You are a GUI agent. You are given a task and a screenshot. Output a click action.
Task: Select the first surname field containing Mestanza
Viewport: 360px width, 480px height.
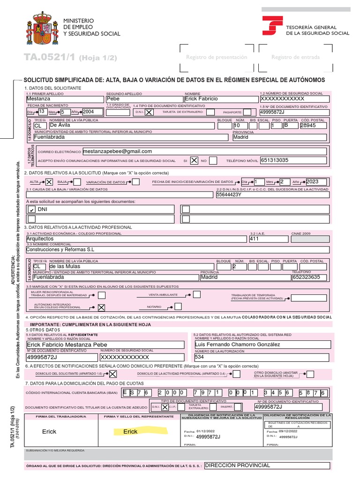point(38,99)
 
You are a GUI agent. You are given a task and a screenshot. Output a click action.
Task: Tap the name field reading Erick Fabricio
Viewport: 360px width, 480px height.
point(202,99)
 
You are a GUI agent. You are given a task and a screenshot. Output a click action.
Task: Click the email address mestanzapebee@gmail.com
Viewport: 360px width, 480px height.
point(117,151)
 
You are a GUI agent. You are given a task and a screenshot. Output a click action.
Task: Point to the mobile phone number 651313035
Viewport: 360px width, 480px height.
point(274,160)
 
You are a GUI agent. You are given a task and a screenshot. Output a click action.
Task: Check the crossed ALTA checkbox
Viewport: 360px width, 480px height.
point(49,182)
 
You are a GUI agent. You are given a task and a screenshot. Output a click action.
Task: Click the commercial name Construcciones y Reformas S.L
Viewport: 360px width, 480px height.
point(60,250)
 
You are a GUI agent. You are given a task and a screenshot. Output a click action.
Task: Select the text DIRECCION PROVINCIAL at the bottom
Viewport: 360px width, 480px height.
point(238,465)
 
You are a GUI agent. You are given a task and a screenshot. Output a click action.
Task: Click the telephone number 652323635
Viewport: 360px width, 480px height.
point(306,277)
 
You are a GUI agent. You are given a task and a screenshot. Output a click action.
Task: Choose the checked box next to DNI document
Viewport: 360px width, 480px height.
point(32,210)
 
